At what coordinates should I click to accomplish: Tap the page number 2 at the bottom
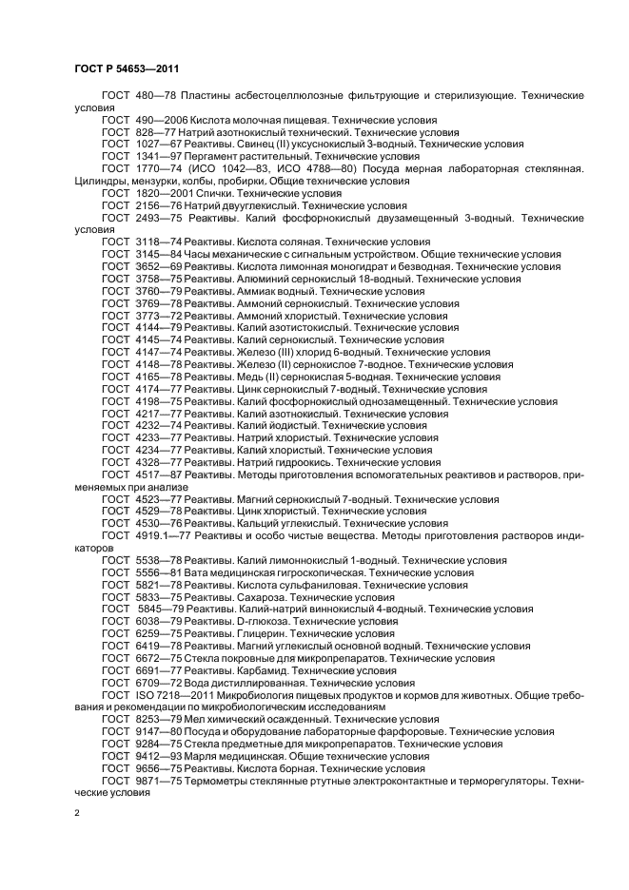(x=77, y=813)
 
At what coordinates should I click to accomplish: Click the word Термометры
(x=220, y=780)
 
